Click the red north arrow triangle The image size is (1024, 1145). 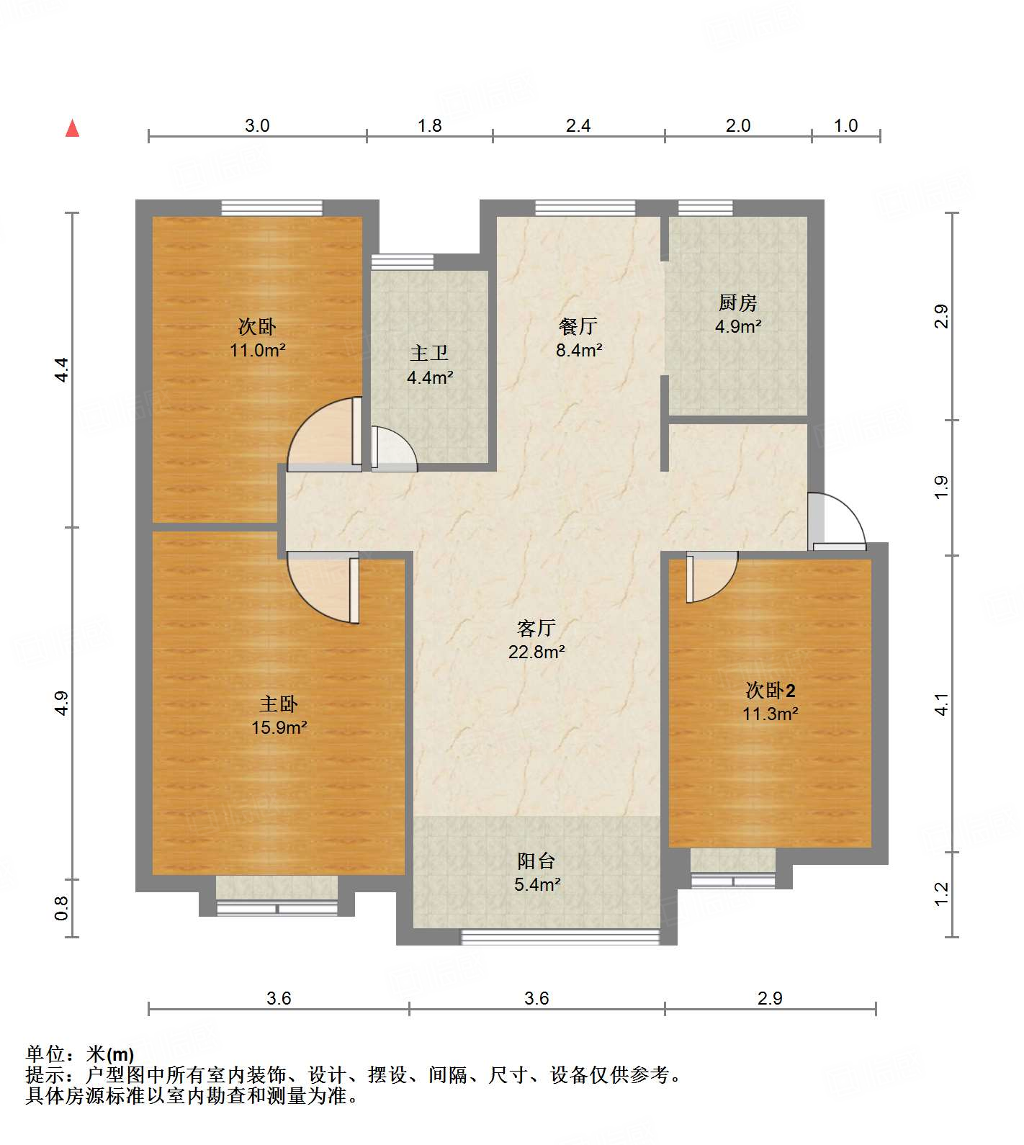[x=72, y=128]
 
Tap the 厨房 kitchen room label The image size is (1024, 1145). [x=737, y=303]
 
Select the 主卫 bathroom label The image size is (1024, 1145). [x=429, y=354]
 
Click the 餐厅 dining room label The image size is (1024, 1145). [x=578, y=327]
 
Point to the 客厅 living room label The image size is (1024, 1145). [x=536, y=629]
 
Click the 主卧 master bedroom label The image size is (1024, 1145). [x=279, y=704]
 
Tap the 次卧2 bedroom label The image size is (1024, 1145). [x=771, y=691]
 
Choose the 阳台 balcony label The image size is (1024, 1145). [x=536, y=861]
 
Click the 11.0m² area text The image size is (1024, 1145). [x=257, y=351]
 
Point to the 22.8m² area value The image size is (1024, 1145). [x=536, y=652]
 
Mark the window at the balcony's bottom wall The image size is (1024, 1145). [x=560, y=936]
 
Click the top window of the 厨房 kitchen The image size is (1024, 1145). [x=706, y=207]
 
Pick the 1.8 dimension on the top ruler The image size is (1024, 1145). [x=430, y=126]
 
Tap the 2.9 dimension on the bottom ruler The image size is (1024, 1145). [x=770, y=998]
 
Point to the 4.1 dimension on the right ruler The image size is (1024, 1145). [x=942, y=704]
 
